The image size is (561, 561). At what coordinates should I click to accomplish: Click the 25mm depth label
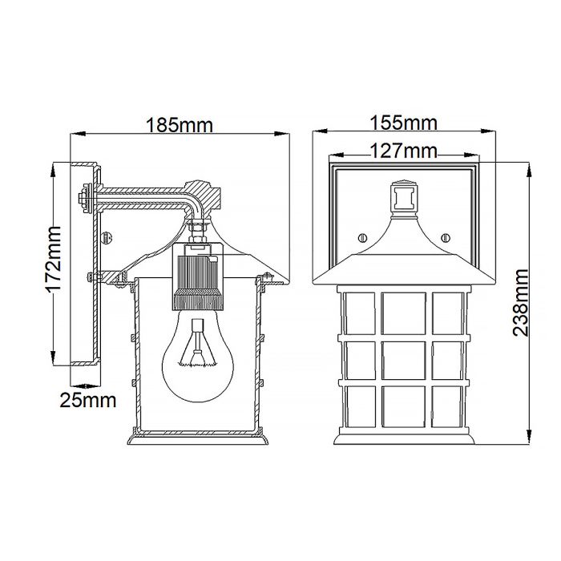pos(87,398)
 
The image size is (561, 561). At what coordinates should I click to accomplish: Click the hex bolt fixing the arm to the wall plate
pos(85,197)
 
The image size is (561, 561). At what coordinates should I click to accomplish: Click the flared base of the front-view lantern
pos(403,437)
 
